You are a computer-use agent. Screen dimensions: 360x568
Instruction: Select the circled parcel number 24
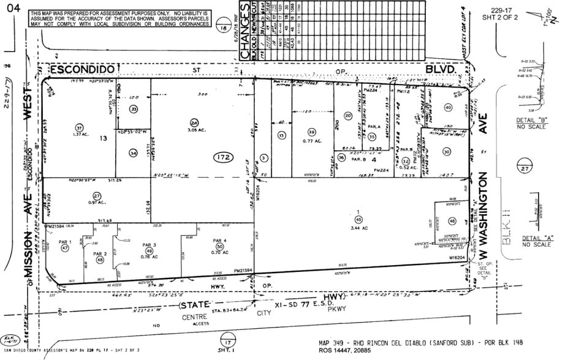194,122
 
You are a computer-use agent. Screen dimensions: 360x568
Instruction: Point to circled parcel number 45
358,220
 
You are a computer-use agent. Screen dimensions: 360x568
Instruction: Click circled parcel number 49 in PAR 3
149,250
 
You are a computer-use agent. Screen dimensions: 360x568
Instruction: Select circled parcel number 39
311,132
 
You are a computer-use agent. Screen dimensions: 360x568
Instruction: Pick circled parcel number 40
447,108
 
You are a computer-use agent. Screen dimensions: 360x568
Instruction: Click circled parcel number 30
446,151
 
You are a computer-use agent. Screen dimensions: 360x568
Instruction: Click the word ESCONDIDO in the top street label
82,70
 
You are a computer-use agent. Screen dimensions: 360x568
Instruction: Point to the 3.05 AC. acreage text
194,130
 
